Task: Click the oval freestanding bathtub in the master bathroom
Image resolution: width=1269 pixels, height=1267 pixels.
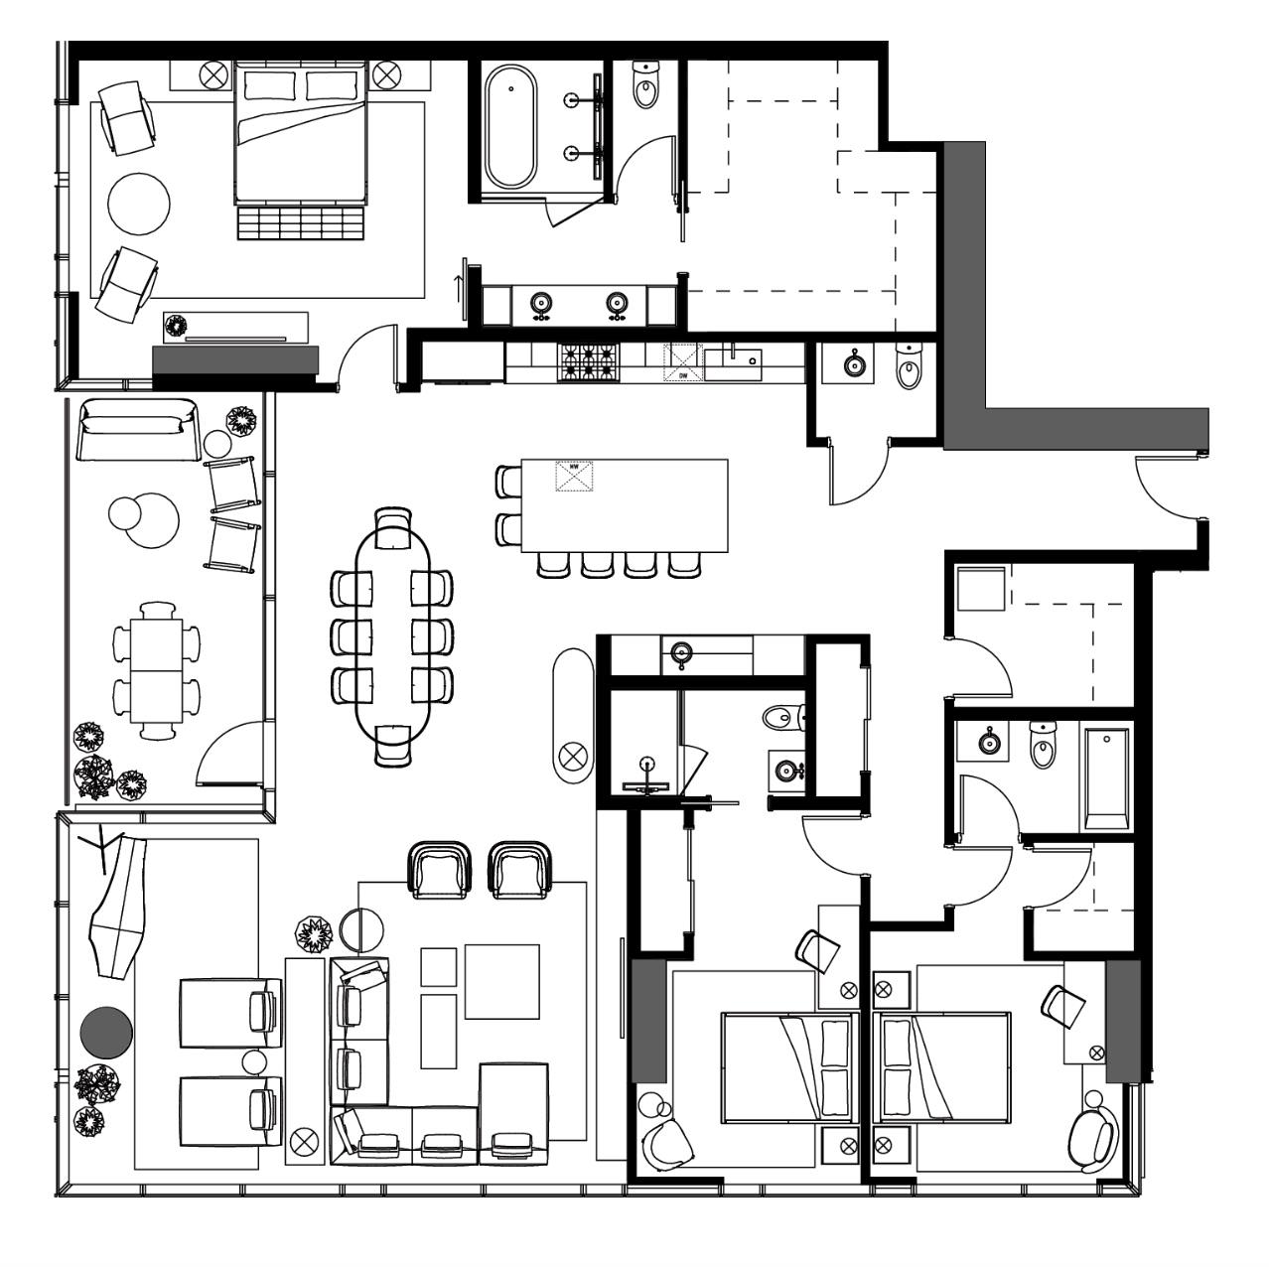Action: click(509, 127)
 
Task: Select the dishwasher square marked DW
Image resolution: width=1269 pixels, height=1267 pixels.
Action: click(682, 362)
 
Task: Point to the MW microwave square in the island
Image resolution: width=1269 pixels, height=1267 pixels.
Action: click(574, 476)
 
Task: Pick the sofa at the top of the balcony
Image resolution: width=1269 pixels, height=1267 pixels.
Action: click(135, 428)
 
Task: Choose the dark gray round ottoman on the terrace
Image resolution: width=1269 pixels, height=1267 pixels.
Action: click(105, 1032)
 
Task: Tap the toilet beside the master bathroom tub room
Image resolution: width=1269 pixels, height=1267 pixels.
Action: click(645, 86)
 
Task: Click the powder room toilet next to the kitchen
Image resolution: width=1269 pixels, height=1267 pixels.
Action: click(909, 367)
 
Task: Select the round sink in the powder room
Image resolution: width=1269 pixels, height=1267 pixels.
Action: click(854, 365)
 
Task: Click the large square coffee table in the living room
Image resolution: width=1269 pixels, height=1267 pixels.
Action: click(501, 981)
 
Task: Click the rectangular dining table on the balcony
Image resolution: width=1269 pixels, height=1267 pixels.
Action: click(156, 671)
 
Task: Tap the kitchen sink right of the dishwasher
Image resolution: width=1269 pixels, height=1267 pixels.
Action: click(733, 362)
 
